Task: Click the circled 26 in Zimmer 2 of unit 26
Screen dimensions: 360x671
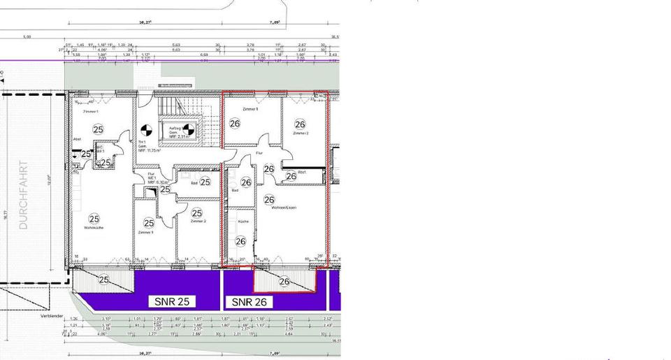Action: [301, 124]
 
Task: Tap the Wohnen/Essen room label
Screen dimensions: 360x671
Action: [275, 207]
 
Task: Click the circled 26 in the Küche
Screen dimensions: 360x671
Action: [240, 241]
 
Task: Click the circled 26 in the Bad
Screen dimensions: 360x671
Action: [245, 182]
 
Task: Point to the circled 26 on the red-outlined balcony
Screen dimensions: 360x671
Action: [284, 282]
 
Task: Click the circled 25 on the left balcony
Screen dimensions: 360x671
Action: [104, 280]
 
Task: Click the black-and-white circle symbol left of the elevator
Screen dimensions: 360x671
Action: [146, 130]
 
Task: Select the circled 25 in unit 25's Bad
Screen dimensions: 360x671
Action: [205, 182]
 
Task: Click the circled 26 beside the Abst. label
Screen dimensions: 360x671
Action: [291, 176]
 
